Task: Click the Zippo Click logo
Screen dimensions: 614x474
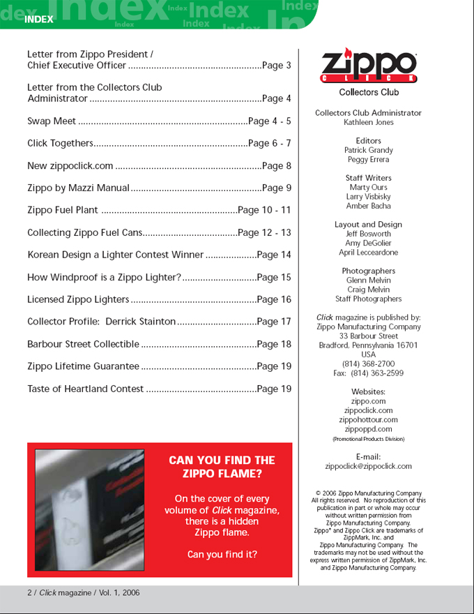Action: pos(368,66)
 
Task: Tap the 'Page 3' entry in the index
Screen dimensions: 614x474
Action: pos(277,66)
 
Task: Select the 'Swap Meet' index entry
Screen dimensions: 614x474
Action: pos(52,121)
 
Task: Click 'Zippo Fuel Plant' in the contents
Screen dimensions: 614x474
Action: pos(63,211)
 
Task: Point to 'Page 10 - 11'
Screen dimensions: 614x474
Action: pos(264,211)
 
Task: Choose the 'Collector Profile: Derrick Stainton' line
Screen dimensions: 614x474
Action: pos(101,322)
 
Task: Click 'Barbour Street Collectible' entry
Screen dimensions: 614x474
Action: pos(83,345)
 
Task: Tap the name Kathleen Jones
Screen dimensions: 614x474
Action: pos(368,122)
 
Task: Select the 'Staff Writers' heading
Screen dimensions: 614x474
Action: pos(368,178)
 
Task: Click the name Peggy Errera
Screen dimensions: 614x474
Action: pos(368,160)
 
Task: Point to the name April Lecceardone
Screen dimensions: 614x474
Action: pos(368,253)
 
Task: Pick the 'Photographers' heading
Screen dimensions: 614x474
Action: pos(368,271)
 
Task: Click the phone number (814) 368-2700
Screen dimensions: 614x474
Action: pos(368,364)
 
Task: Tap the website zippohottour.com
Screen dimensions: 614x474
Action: pos(368,420)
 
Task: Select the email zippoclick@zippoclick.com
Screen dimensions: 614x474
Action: pos(368,466)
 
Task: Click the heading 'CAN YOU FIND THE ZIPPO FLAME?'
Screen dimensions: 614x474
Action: pos(222,467)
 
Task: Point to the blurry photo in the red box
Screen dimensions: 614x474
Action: pos(89,510)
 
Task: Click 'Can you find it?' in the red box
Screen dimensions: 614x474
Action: pos(222,555)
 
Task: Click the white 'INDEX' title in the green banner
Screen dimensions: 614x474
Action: pos(38,20)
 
